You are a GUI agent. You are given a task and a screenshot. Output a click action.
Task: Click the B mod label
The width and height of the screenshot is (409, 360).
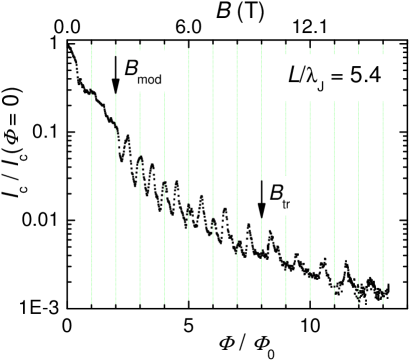(142, 71)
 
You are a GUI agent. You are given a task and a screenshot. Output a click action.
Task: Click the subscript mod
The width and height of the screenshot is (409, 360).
(151, 77)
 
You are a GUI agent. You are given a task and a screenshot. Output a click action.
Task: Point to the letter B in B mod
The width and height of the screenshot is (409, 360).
(131, 69)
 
